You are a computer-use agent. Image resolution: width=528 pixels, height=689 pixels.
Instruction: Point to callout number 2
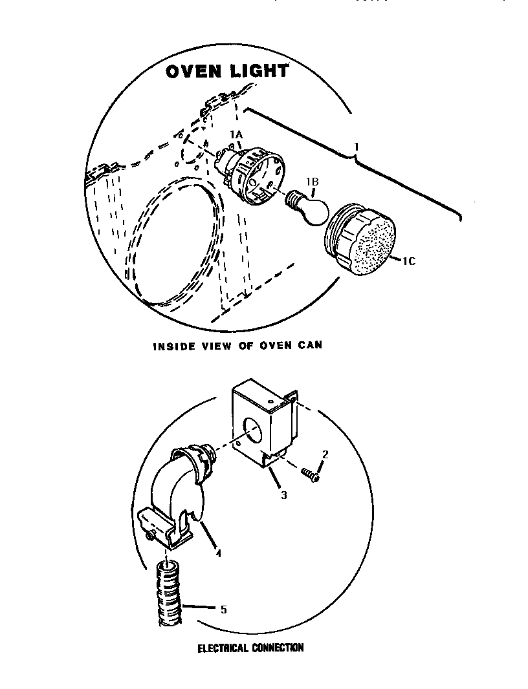click(325, 454)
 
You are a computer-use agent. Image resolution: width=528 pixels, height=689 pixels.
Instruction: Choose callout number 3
click(283, 495)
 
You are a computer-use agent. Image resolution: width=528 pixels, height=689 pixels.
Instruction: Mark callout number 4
click(218, 553)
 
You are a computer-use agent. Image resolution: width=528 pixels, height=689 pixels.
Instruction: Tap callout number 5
click(223, 608)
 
